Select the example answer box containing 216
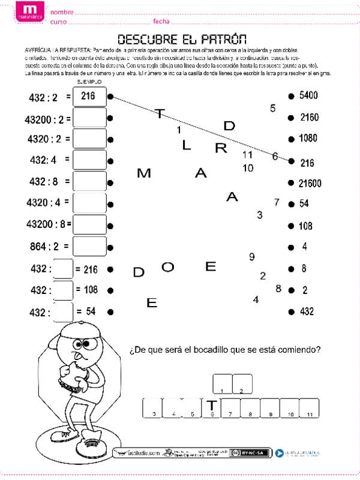(89, 95)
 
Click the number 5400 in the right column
(308, 95)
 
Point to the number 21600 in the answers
(310, 183)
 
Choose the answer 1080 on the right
(308, 139)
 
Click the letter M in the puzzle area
(144, 174)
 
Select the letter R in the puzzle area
(221, 148)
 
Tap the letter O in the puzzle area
(168, 268)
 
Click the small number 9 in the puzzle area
(251, 257)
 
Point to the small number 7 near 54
(277, 202)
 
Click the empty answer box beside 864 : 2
(89, 246)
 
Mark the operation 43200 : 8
(48, 224)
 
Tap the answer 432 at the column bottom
(307, 312)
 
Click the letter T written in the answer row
(211, 406)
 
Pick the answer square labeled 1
(223, 383)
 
